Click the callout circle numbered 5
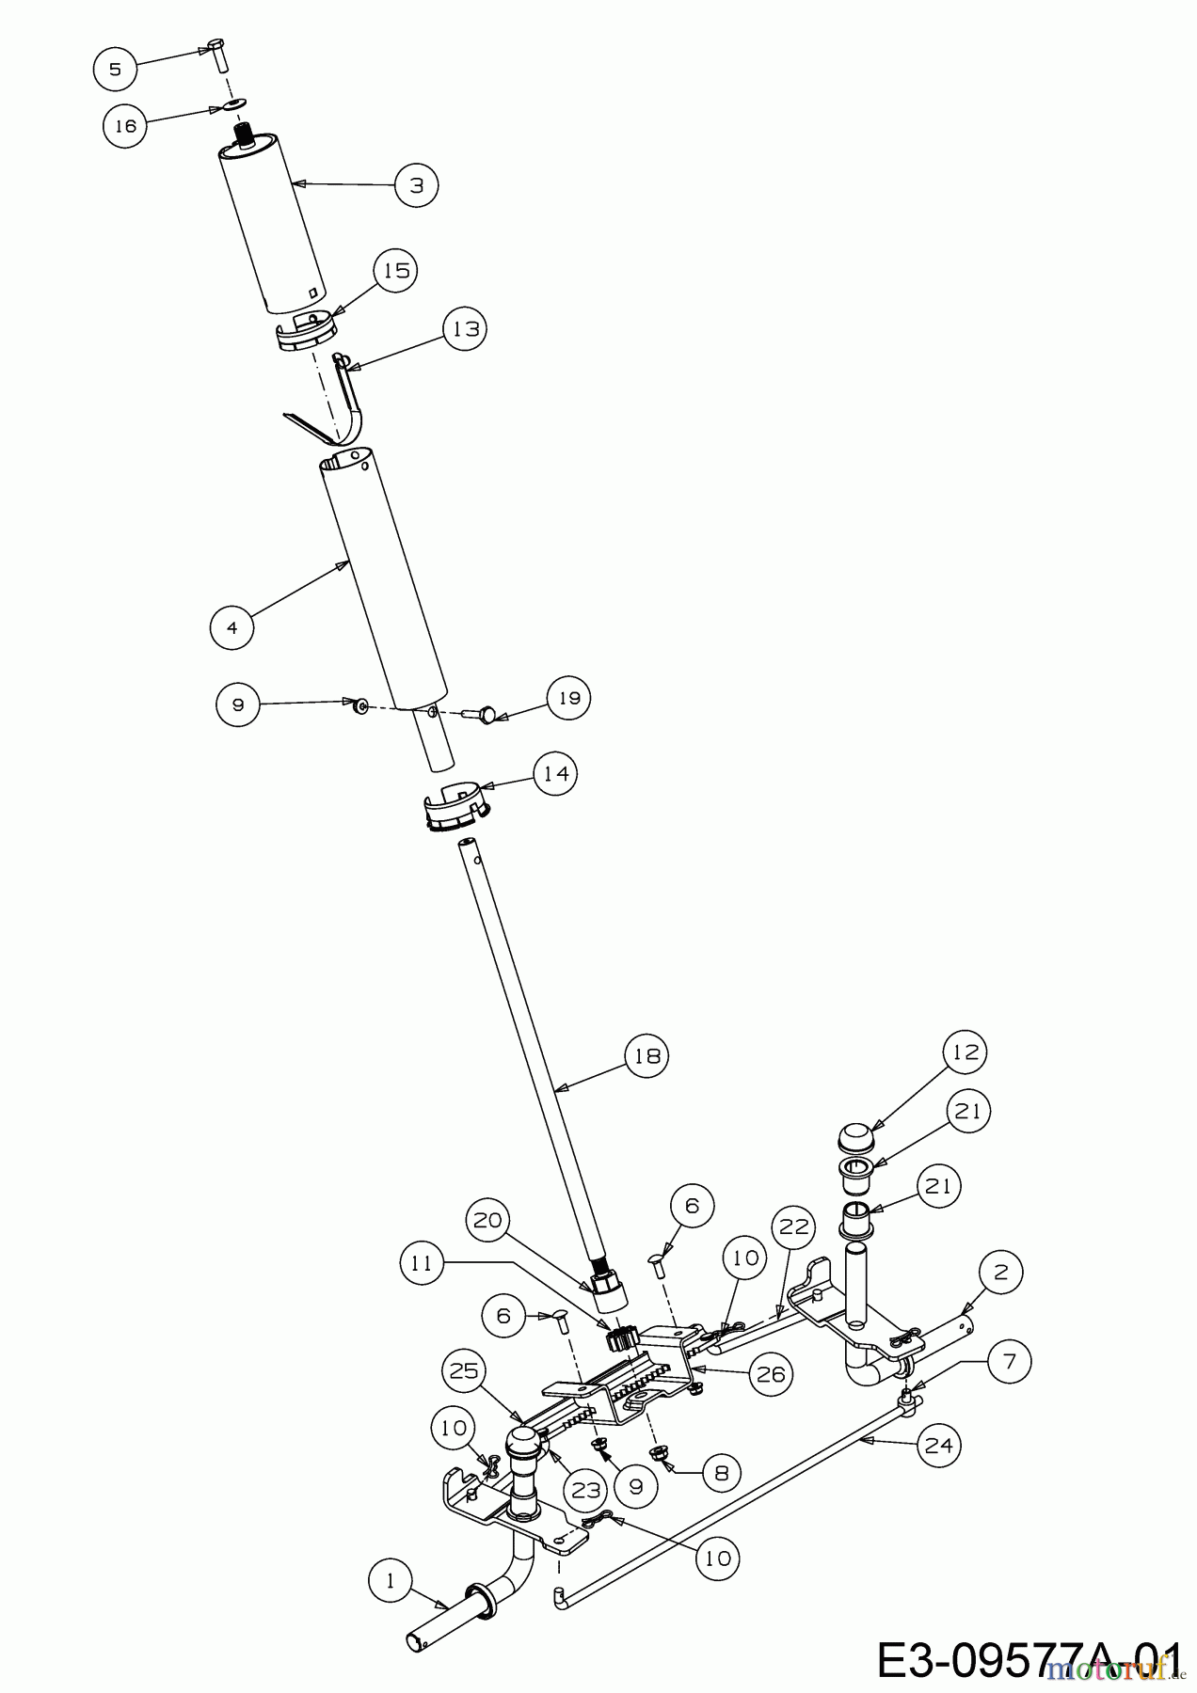[115, 69]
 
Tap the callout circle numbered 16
[125, 125]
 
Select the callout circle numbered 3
[417, 185]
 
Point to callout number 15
[397, 270]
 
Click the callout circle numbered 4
[232, 625]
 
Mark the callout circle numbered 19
[568, 698]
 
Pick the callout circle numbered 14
[555, 773]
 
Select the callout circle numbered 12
[965, 1052]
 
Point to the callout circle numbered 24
[938, 1444]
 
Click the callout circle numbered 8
[721, 1473]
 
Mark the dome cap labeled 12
[855, 1135]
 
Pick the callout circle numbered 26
[770, 1374]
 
